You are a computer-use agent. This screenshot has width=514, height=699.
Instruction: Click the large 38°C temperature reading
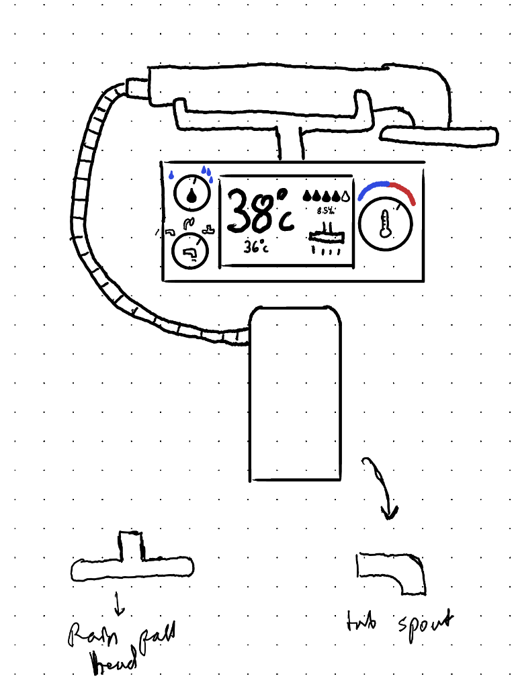coord(259,210)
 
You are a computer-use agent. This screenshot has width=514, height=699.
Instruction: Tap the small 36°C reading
coord(256,247)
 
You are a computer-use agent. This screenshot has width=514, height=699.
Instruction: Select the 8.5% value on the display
coord(325,210)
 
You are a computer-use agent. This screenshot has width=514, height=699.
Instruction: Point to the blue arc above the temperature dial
coord(372,188)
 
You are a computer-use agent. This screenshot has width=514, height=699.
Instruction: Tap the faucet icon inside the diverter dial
coord(191,252)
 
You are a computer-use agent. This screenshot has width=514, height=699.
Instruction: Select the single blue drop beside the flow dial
coord(171,176)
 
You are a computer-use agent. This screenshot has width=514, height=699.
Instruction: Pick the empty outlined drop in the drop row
coord(345,196)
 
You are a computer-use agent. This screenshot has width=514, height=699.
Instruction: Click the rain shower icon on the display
coord(326,238)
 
